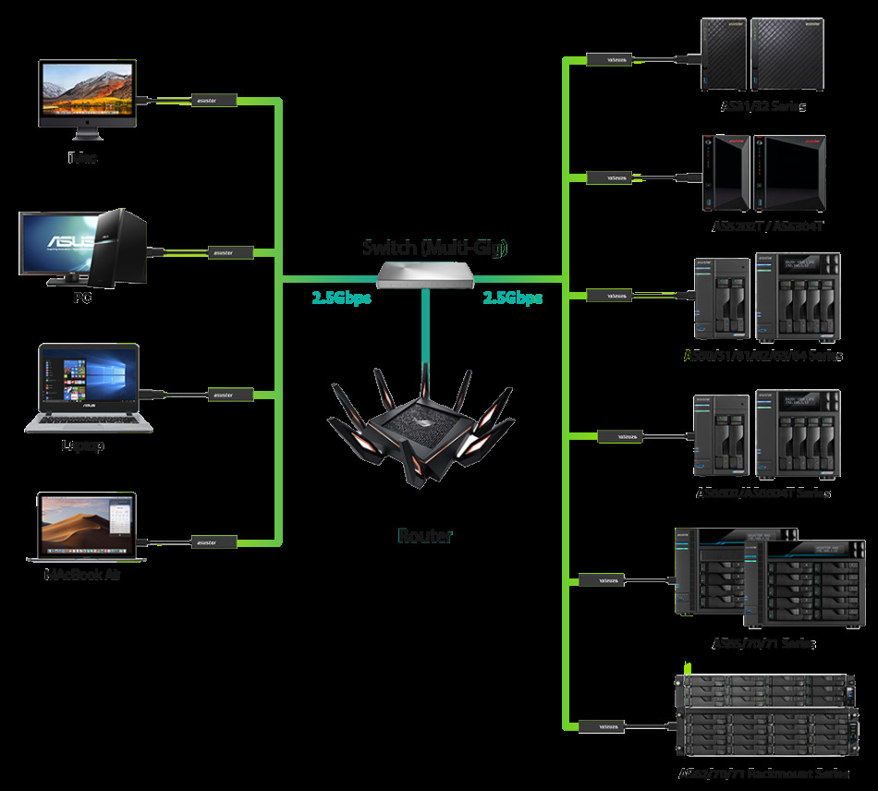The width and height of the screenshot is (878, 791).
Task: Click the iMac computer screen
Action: point(87,90)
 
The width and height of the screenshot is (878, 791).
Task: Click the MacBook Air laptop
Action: point(86,527)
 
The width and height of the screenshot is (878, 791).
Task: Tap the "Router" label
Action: point(425,536)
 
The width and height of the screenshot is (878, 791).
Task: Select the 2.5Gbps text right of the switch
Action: point(512,298)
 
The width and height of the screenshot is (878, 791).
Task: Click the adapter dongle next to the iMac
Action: point(214,100)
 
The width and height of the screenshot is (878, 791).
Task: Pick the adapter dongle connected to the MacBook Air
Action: point(214,541)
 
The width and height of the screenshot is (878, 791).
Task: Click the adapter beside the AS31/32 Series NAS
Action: point(611,60)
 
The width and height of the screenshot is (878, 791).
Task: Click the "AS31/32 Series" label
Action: point(762,107)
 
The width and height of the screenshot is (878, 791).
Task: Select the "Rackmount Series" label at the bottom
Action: point(762,773)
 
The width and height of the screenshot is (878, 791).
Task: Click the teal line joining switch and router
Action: point(425,323)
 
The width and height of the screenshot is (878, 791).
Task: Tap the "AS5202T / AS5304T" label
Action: point(766,225)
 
